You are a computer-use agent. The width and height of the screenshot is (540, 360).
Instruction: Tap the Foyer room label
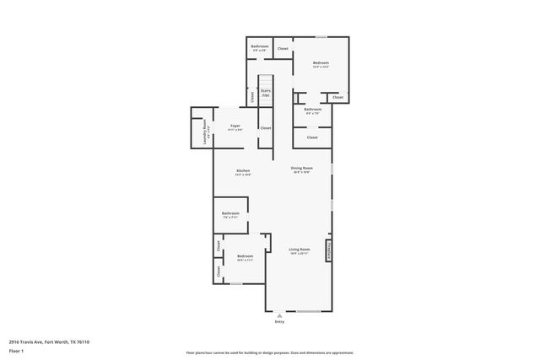tap(235, 126)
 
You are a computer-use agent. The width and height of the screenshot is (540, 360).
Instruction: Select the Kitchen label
tap(242, 171)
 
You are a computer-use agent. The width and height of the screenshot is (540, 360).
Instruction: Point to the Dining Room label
tap(301, 169)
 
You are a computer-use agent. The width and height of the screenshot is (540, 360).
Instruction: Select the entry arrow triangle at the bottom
tap(280, 314)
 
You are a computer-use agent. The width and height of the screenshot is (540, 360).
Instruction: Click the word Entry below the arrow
tap(280, 322)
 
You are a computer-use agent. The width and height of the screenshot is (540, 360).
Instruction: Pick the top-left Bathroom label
tap(260, 47)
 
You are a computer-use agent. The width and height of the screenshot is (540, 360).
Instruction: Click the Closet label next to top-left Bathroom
tap(283, 49)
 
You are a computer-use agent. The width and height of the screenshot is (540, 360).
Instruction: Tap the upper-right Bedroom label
tap(321, 63)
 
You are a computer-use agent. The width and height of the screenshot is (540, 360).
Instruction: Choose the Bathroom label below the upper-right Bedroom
tap(313, 110)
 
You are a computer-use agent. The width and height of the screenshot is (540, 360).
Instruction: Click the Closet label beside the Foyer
tap(265, 128)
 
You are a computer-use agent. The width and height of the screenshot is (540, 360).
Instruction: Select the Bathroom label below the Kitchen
tap(231, 214)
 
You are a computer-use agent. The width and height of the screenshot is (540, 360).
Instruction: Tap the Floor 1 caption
tap(17, 350)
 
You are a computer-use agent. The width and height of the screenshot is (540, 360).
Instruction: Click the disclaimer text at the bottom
tap(270, 353)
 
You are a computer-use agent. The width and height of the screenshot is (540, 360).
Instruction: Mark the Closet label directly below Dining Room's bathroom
tap(312, 137)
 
